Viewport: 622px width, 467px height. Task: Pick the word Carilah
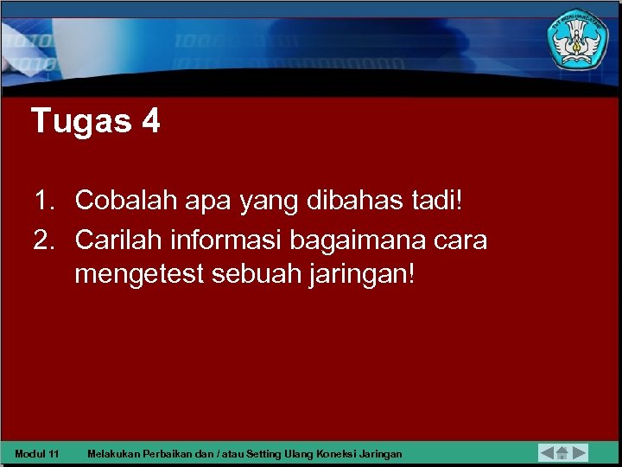tap(120, 238)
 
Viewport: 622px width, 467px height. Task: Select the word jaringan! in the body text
tap(366, 276)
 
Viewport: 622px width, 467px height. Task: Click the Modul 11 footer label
tap(37, 453)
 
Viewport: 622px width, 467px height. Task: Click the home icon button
tap(562, 452)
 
